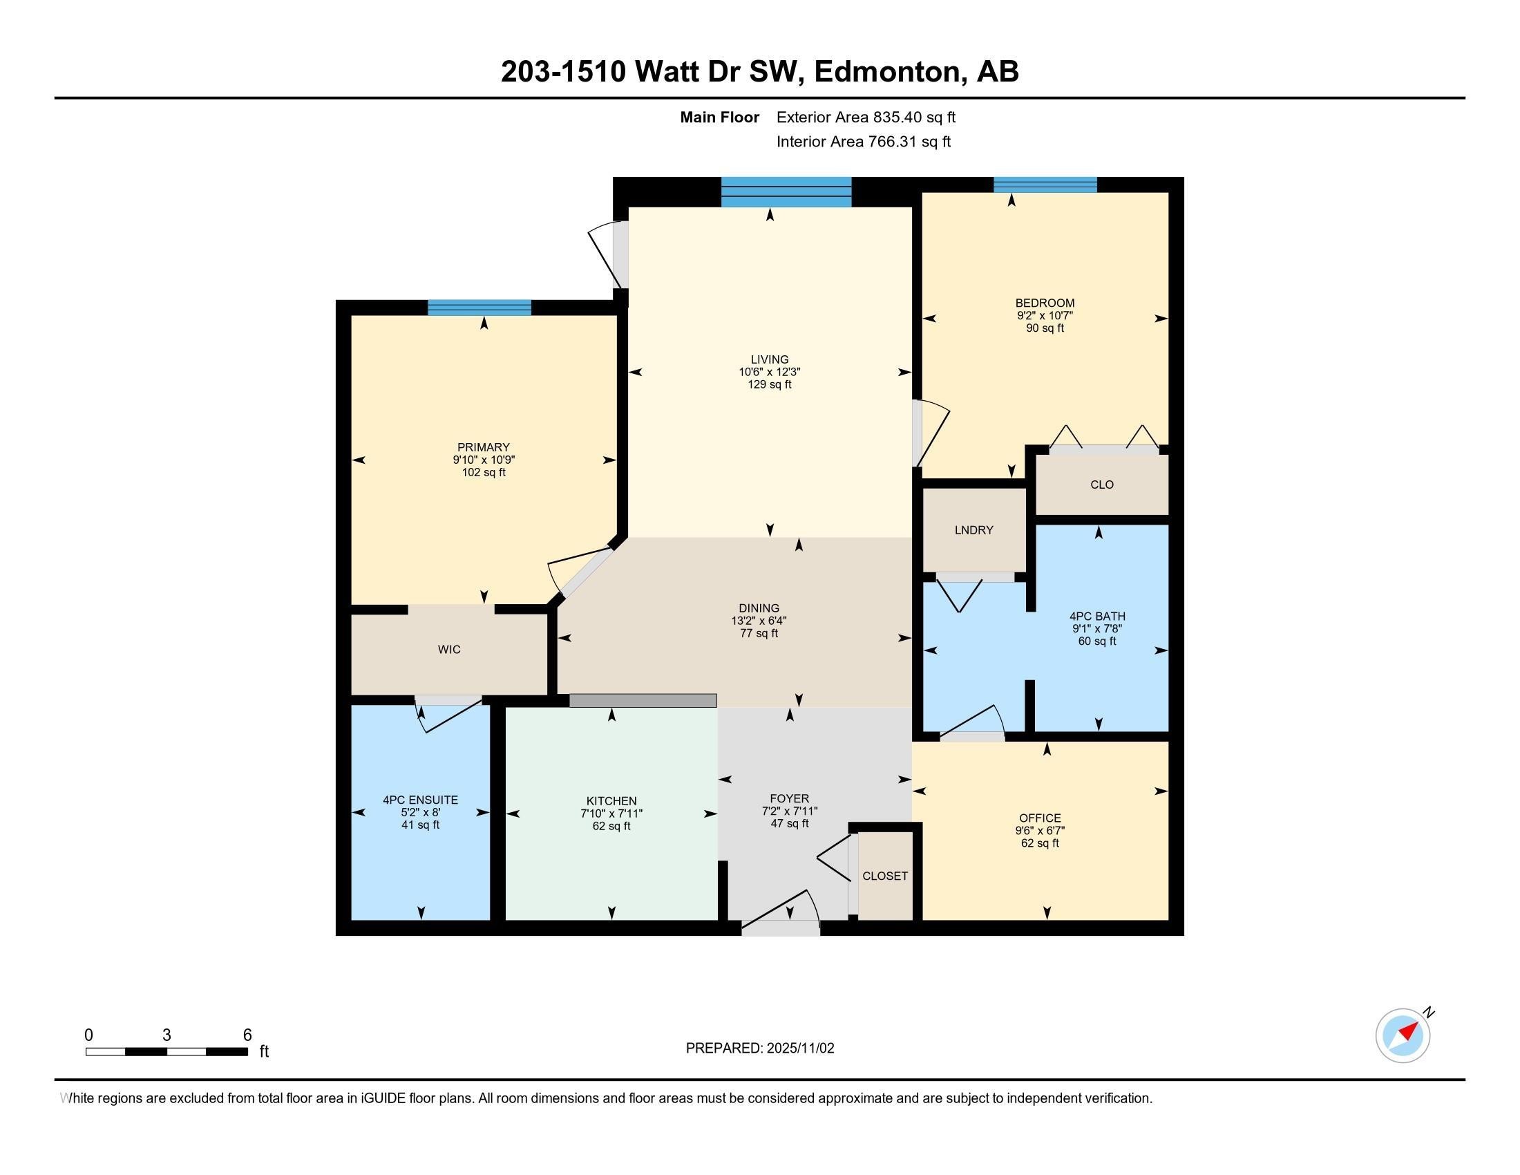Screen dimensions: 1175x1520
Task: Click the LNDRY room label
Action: (973, 529)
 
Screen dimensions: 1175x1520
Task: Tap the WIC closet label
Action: (449, 650)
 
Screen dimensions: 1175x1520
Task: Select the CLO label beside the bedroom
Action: (1102, 485)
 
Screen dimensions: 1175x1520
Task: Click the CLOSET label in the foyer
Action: (884, 876)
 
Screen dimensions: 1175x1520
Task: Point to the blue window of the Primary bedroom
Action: (479, 308)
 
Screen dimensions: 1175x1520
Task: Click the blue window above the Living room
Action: (786, 192)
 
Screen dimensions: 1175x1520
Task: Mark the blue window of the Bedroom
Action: (1045, 185)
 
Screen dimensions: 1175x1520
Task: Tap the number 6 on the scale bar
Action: (247, 1035)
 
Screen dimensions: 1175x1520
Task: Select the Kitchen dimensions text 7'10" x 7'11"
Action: (611, 814)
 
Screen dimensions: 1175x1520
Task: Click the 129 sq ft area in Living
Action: (769, 384)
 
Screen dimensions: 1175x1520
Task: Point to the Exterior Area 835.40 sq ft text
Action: (866, 117)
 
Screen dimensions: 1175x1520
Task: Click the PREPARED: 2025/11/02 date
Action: (759, 1049)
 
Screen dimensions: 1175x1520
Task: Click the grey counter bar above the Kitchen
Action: (643, 700)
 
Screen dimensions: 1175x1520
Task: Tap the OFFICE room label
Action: (1040, 818)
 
